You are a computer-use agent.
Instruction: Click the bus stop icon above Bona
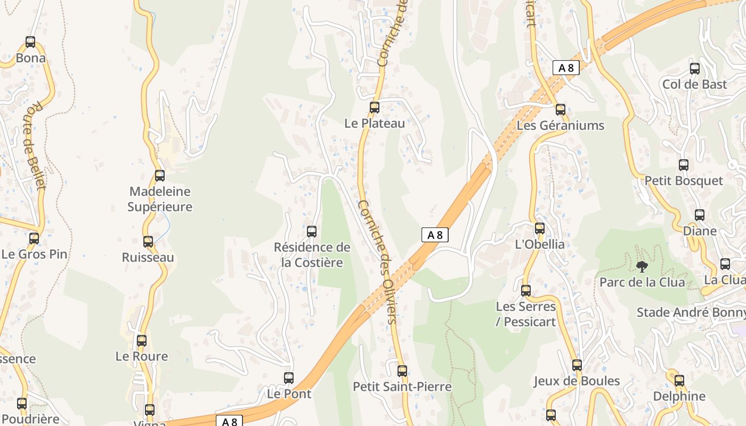[x=30, y=42]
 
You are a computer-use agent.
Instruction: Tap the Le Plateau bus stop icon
[x=375, y=108]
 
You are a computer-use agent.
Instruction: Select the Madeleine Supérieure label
[x=160, y=199]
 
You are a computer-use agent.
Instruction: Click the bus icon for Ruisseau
[x=148, y=242]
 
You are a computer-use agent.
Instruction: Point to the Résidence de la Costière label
[x=312, y=255]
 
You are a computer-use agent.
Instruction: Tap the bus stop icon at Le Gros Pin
[x=34, y=238]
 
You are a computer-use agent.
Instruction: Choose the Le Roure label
[x=142, y=356]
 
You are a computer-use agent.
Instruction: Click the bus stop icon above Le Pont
[x=289, y=378]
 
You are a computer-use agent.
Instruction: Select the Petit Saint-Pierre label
[x=402, y=387]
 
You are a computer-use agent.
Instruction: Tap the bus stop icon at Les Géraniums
[x=561, y=110]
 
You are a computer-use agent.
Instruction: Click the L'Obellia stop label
[x=540, y=244]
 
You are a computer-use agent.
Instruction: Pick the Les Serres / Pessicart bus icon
[x=526, y=291]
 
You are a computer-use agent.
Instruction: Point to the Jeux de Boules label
[x=577, y=381]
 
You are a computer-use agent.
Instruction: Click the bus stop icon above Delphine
[x=679, y=381]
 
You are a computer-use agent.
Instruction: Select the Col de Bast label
[x=695, y=84]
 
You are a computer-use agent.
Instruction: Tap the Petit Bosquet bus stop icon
[x=684, y=165]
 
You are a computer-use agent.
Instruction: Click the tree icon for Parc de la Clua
[x=642, y=266]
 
